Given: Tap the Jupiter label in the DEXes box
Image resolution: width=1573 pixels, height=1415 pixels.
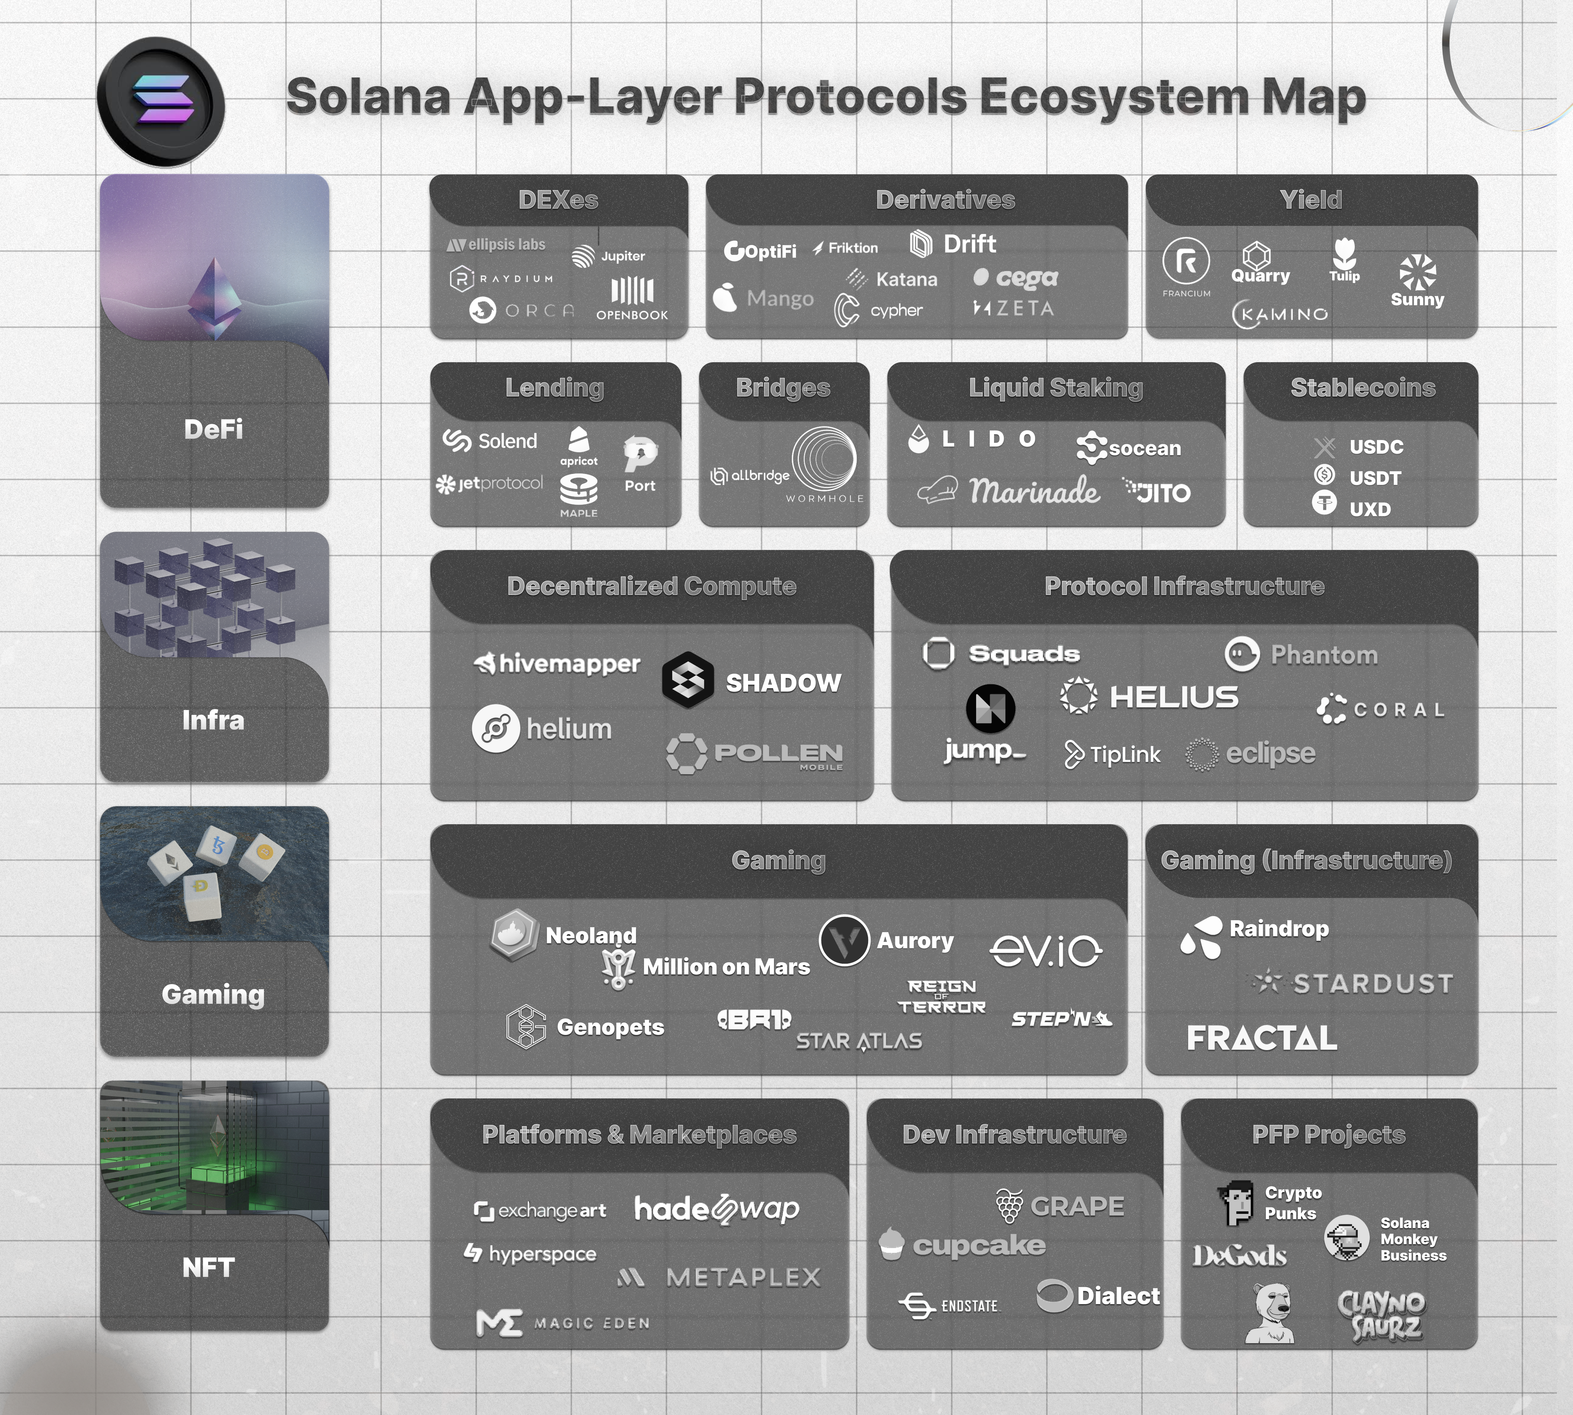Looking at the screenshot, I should tap(623, 256).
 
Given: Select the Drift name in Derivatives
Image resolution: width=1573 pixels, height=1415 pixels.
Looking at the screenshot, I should tap(969, 244).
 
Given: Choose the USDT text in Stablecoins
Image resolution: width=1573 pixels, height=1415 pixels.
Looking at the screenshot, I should tap(1375, 478).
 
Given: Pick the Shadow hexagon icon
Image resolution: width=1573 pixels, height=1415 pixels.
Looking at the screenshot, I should tap(688, 680).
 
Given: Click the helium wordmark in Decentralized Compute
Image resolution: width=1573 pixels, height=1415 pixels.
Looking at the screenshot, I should tap(569, 729).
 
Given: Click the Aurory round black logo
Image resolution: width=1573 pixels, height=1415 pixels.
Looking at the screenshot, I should tap(844, 941).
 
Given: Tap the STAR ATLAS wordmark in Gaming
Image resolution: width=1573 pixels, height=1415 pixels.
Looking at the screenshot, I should tap(859, 1041).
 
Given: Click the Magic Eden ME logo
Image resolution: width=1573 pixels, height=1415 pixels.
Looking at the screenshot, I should tap(499, 1323).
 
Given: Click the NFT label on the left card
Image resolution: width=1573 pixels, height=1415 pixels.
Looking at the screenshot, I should tap(208, 1268).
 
